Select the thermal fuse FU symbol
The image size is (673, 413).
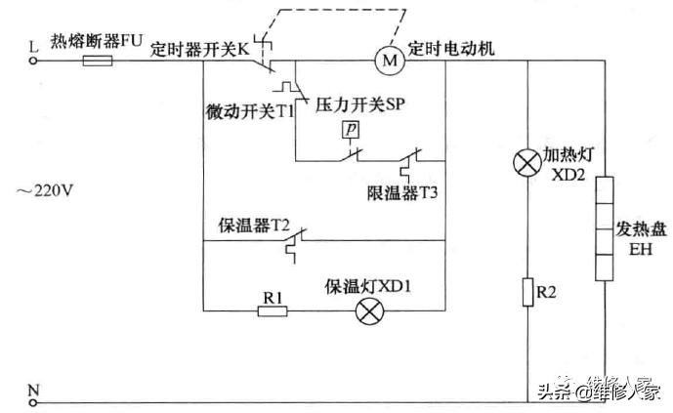(x=98, y=61)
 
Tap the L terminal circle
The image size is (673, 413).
(x=35, y=60)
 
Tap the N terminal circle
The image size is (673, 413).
(x=35, y=401)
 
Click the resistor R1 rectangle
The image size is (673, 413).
(x=273, y=311)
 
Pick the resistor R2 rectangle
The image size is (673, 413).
(x=527, y=292)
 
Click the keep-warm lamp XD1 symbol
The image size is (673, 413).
(x=368, y=311)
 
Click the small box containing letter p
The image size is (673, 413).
(x=350, y=130)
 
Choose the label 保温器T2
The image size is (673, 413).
(x=254, y=223)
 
